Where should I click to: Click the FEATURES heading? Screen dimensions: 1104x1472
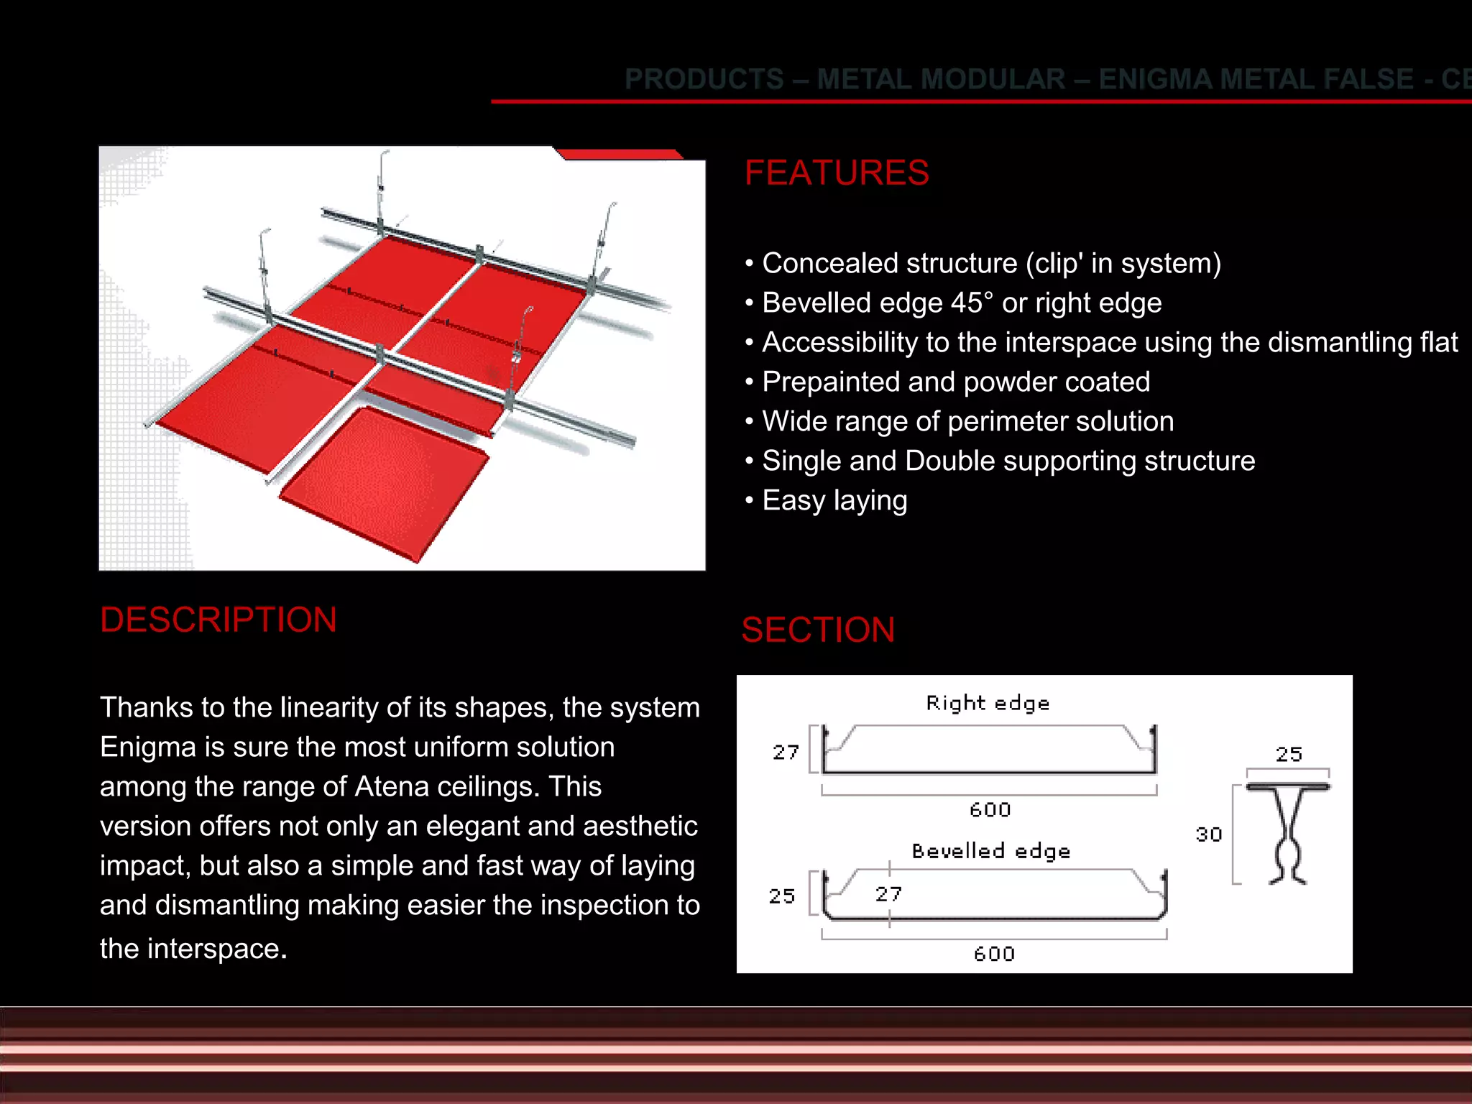click(837, 173)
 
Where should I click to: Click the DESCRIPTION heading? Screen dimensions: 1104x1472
click(218, 620)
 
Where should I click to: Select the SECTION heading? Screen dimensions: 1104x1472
click(818, 630)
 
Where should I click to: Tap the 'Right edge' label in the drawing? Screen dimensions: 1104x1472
click(988, 703)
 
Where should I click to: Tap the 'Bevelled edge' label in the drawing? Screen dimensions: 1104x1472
click(991, 851)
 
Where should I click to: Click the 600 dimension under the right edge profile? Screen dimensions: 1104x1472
click(990, 810)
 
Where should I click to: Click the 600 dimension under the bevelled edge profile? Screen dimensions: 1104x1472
click(994, 954)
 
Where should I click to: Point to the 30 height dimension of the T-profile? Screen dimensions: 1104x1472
click(1209, 834)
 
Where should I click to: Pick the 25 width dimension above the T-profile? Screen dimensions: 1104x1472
click(1289, 754)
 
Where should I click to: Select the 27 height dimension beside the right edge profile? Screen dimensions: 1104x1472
click(786, 753)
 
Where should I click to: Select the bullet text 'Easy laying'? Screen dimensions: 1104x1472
click(834, 501)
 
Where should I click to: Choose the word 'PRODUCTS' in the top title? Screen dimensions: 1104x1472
click(704, 79)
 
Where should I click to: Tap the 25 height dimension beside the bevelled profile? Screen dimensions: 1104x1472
click(782, 896)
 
